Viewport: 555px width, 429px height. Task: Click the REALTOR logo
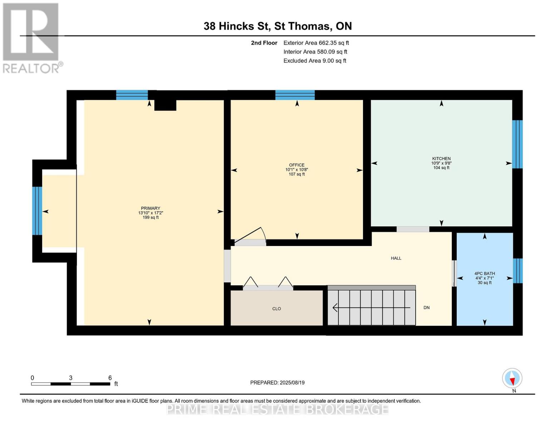tap(31, 38)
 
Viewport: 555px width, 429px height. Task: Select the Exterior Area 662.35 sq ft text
tap(316, 43)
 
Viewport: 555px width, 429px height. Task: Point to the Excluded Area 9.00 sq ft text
tap(314, 61)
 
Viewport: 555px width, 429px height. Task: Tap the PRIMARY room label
tap(150, 208)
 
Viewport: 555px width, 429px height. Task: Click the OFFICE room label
tap(297, 165)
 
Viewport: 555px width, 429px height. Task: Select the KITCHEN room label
tap(441, 159)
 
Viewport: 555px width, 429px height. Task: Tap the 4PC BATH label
tap(485, 273)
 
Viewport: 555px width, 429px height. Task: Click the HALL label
tap(396, 258)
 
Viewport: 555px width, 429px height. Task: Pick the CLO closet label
tap(276, 309)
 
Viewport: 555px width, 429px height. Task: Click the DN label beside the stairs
tap(426, 307)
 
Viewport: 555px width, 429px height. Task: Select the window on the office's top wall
tap(295, 95)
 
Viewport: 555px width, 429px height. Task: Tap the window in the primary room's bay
tap(37, 211)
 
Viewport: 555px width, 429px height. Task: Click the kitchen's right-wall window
tap(517, 144)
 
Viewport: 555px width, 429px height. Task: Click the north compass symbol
tap(512, 378)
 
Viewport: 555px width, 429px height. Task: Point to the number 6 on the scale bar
tap(110, 378)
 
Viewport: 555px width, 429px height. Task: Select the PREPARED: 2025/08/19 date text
tap(277, 383)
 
